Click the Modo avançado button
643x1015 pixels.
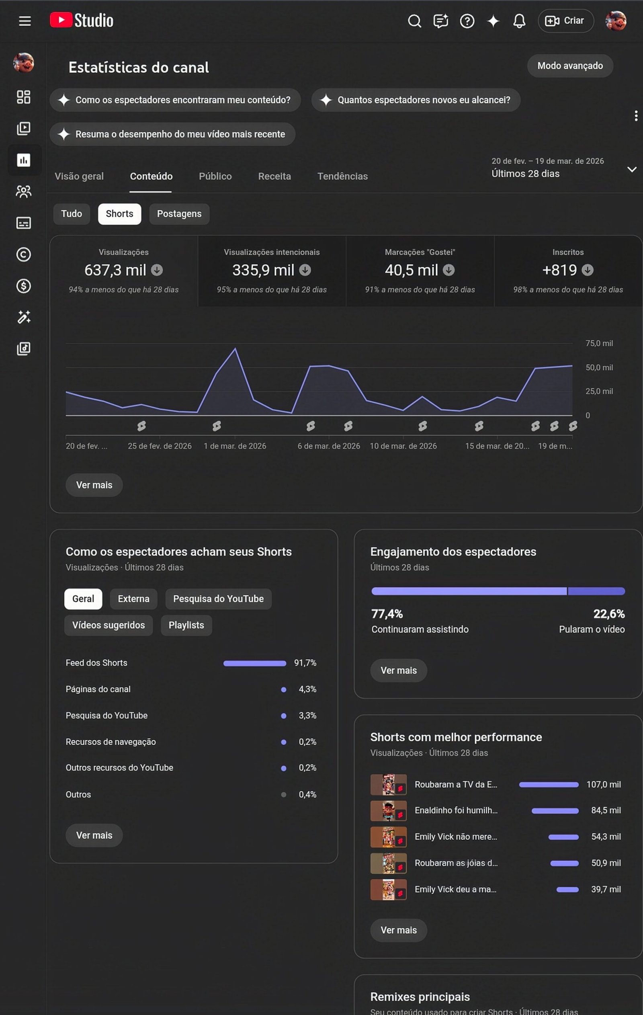point(570,66)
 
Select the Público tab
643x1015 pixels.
point(215,176)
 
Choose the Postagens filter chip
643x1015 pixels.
point(179,214)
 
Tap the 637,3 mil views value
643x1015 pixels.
point(115,270)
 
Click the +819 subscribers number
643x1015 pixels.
point(559,270)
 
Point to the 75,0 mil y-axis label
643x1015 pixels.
point(599,343)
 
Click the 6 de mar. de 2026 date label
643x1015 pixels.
point(329,446)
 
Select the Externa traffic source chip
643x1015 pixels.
point(133,599)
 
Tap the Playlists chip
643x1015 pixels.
point(186,625)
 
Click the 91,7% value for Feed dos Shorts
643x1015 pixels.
point(305,662)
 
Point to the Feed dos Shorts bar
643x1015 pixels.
point(254,663)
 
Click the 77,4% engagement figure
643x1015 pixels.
point(387,614)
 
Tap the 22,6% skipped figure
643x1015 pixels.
point(609,614)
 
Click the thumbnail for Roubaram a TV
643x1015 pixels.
point(388,784)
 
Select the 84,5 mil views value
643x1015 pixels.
point(606,810)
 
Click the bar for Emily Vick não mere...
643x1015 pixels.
point(563,837)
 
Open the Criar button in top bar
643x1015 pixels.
point(565,21)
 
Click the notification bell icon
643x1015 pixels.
point(519,21)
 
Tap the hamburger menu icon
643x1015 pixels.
point(25,21)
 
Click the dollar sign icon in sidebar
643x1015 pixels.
point(24,286)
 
